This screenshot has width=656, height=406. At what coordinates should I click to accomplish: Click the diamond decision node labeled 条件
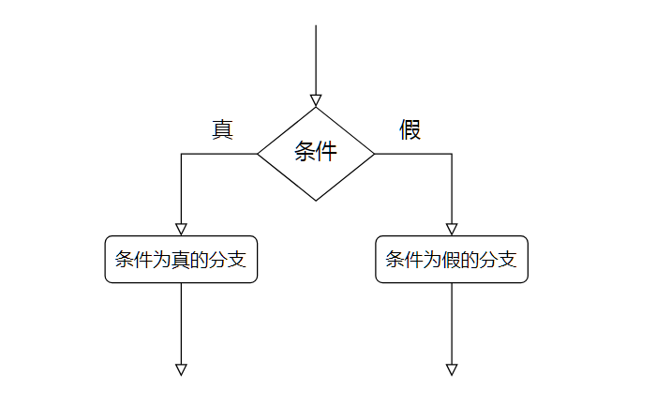316,154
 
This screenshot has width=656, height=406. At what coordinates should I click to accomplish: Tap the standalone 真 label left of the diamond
222,129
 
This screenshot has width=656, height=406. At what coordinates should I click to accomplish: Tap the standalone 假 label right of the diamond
410,129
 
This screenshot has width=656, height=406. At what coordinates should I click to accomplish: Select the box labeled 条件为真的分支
181,260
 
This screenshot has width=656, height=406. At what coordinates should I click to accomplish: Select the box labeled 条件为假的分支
452,260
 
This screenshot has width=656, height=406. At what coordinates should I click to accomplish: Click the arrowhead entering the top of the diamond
316,100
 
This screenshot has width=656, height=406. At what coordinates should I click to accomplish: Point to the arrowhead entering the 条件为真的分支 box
181,229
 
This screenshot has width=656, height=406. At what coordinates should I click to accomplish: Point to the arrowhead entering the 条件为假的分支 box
452,229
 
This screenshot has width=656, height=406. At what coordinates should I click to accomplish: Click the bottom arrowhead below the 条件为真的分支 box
181,368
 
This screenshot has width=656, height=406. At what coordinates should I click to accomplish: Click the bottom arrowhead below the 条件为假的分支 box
452,368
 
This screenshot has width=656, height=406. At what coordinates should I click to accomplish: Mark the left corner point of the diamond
258,154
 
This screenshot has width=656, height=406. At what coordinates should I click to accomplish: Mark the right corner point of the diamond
375,154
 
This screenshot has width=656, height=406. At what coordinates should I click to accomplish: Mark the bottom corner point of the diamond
316,201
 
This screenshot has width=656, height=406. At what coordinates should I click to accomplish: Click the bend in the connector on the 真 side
181,154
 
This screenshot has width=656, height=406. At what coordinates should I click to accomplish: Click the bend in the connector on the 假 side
452,154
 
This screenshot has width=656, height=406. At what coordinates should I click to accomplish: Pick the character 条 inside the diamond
306,152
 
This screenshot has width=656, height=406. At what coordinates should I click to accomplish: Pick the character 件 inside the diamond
326,152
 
